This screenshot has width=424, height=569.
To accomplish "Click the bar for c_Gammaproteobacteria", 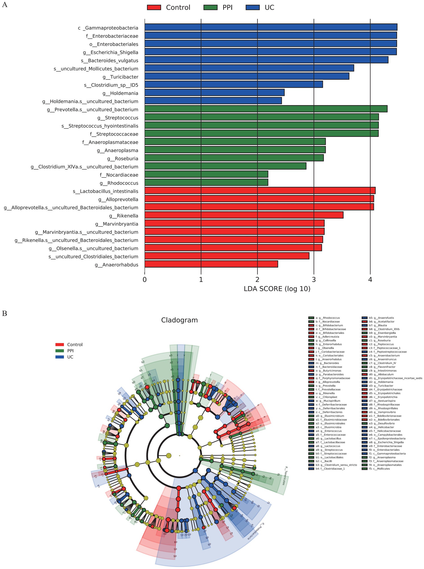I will point(271,27).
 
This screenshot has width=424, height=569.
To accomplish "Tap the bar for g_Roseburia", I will point(234,158).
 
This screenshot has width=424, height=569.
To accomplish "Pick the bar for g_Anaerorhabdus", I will point(211,264).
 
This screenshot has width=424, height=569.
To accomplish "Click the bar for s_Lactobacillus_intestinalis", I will point(260,191).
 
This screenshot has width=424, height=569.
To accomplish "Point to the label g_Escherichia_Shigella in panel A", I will point(110,52).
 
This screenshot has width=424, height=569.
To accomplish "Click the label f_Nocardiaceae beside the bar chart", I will point(119,175).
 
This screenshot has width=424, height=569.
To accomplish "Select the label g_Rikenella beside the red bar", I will point(123,216).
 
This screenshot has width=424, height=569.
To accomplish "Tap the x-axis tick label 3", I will point(314,280).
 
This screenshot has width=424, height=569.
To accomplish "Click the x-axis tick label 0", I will point(145,280).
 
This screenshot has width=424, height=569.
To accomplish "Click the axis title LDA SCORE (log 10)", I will point(277,289).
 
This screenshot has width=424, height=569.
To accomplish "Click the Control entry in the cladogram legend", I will point(75,345).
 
